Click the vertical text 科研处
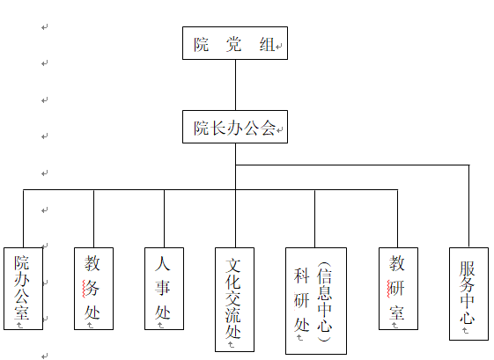(x=301, y=300)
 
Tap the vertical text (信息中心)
(x=325, y=302)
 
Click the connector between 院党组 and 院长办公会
(x=235, y=85)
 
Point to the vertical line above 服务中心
(x=469, y=206)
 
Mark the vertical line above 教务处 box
(x=93, y=218)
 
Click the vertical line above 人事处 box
(x=164, y=218)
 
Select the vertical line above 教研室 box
(x=398, y=218)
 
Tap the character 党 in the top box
(x=233, y=44)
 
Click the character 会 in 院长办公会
(x=268, y=128)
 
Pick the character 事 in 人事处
(x=163, y=288)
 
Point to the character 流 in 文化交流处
(x=233, y=314)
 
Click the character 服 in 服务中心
(x=467, y=268)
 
